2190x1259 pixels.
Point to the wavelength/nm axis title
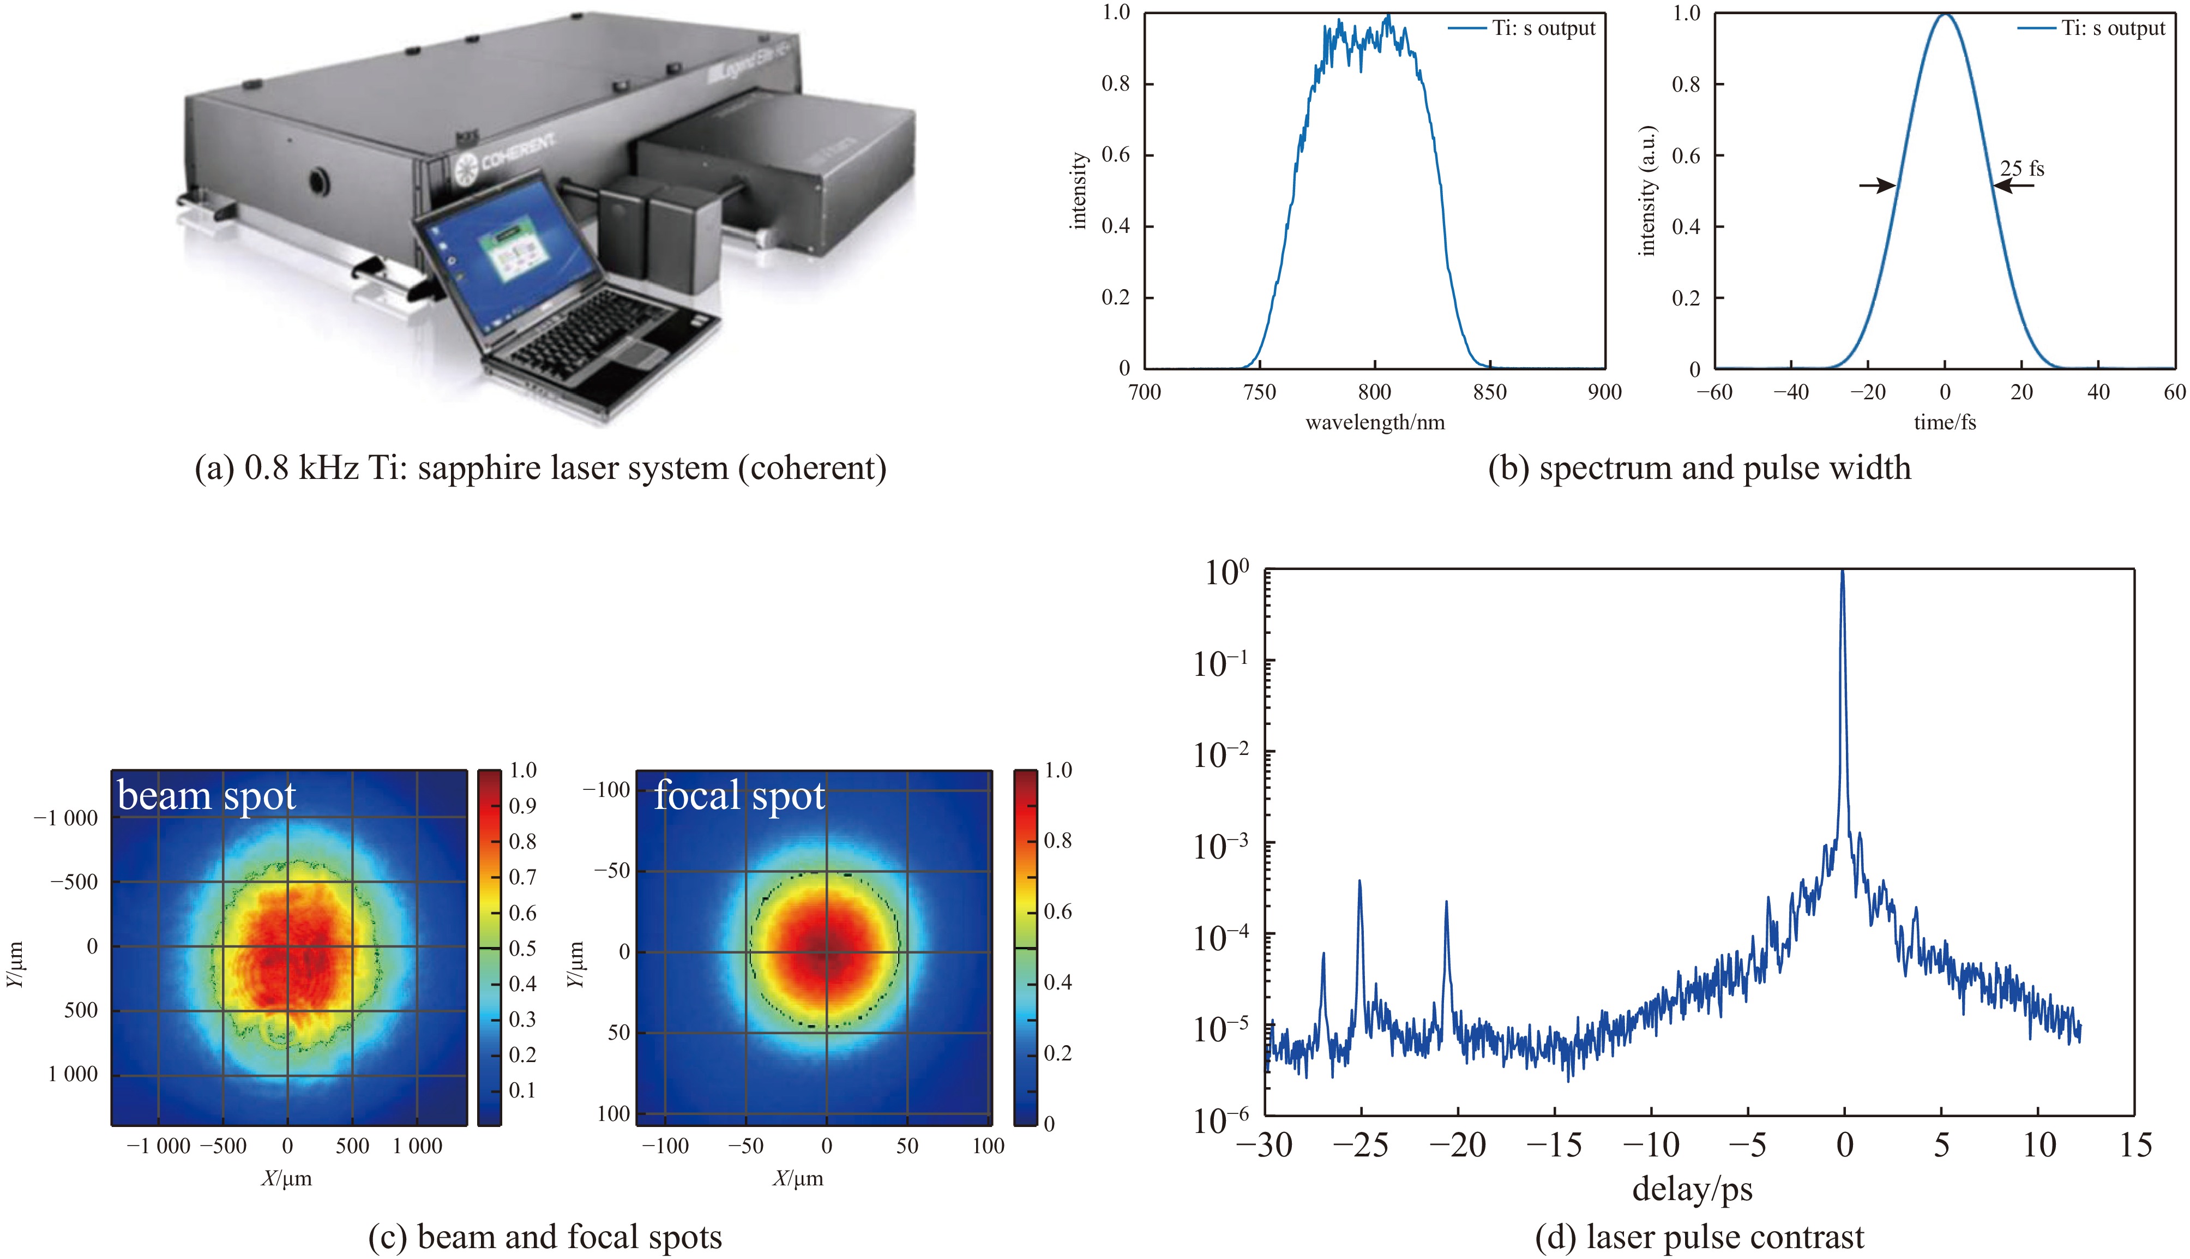1374,423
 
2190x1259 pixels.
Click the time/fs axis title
1945,423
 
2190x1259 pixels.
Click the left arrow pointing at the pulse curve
1877,185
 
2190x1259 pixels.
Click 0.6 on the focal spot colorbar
1058,912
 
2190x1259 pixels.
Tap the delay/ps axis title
1692,1190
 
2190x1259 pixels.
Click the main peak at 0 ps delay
1843,574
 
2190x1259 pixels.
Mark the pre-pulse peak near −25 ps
1359,884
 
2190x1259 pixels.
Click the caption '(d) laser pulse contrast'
1699,1237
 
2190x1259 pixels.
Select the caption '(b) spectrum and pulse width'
1699,469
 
